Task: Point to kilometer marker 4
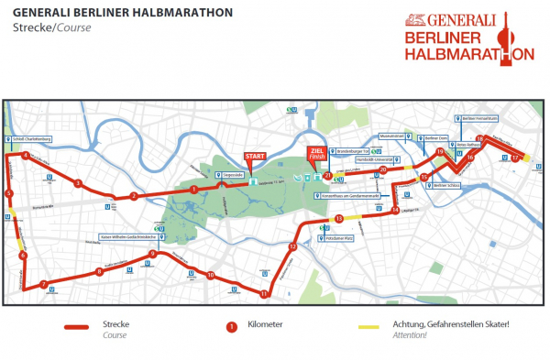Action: tap(26, 155)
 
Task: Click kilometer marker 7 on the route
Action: tap(43, 284)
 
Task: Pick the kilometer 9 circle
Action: tap(152, 254)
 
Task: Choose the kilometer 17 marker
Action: tap(516, 158)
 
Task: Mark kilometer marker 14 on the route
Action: tap(394, 211)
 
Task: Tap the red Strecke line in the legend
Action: tap(87, 327)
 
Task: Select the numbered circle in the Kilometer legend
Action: tap(231, 326)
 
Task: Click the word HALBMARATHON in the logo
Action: tap(469, 54)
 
